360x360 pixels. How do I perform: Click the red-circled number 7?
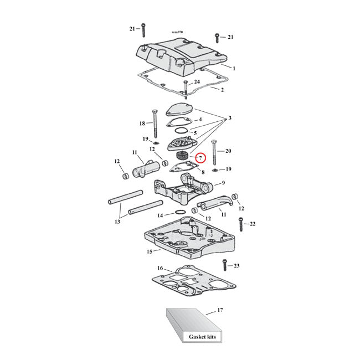[200, 158]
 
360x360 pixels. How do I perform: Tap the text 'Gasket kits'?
[188, 337]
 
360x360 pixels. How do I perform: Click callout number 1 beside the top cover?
[234, 68]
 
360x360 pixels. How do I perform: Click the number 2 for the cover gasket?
[222, 90]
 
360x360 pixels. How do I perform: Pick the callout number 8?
[203, 172]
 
